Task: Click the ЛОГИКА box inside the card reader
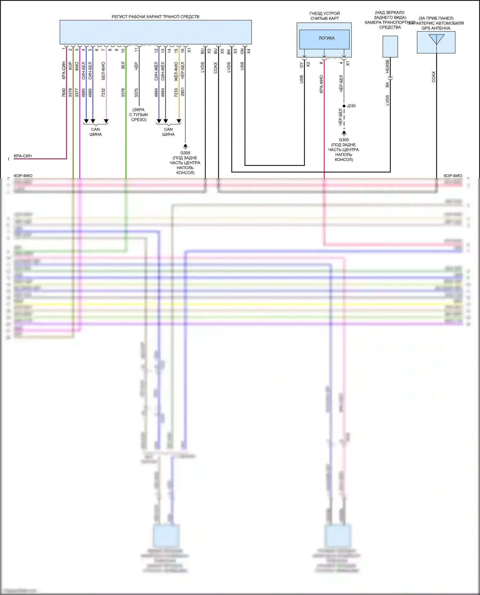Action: point(324,38)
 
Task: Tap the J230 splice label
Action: point(351,106)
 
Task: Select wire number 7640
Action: point(64,93)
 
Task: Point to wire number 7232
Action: point(103,93)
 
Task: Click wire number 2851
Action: point(183,92)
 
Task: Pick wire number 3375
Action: point(136,93)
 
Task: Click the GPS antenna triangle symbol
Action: point(436,39)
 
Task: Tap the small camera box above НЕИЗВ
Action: point(390,46)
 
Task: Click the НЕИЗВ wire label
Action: point(388,66)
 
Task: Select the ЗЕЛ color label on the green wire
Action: point(123,66)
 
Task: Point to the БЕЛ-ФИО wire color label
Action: point(103,71)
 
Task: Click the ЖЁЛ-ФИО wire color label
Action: point(176,71)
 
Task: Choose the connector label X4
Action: point(249,51)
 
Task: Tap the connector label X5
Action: point(222,51)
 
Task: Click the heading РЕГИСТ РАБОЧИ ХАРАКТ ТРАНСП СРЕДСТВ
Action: point(155,17)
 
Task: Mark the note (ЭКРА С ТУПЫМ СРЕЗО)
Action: point(139,114)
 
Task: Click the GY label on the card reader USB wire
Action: point(301,65)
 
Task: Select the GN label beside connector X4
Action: point(242,51)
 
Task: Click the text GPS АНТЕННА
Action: point(436,28)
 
